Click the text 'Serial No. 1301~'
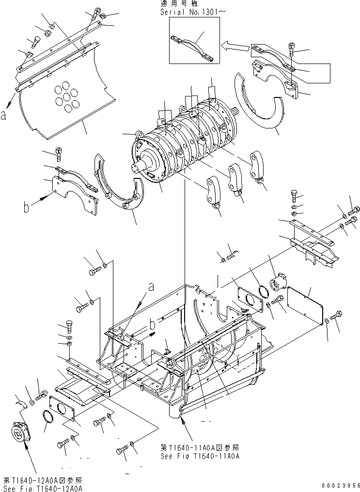point(193,12)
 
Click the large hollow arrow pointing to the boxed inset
point(236,47)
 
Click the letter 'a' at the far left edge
point(3,116)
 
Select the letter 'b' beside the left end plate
point(26,207)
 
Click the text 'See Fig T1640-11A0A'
point(200,456)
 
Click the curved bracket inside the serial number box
point(192,48)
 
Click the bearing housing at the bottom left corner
point(21,432)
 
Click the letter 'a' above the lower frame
point(151,286)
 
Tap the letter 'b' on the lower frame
point(153,324)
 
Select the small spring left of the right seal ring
point(232,257)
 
